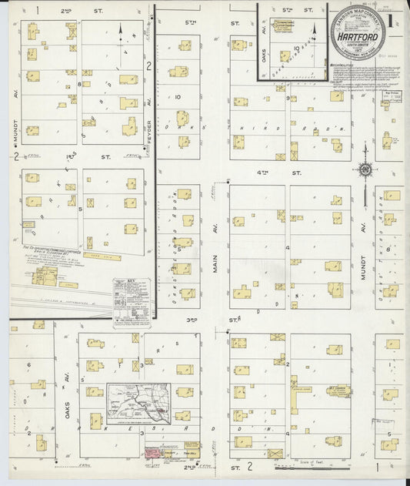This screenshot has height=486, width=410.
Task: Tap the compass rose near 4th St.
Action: (365, 169)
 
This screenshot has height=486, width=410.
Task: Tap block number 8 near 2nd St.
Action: (79, 83)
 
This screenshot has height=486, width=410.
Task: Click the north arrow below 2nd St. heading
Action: (121, 32)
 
